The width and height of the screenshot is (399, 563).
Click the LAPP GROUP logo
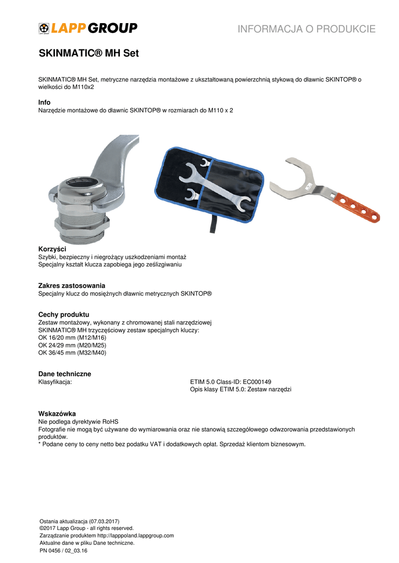click(x=88, y=28)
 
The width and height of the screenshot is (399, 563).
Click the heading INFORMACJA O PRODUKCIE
click(x=307, y=29)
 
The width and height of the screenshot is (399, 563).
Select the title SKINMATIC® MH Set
click(x=89, y=54)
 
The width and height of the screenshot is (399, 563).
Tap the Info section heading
click(x=44, y=103)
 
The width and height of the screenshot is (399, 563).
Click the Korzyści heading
click(x=52, y=250)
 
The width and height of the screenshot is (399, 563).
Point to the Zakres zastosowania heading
click(x=72, y=286)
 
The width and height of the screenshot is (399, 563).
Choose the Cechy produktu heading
click(x=63, y=314)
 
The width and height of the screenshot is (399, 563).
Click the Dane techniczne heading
click(x=64, y=374)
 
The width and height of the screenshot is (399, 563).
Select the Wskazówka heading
click(x=57, y=413)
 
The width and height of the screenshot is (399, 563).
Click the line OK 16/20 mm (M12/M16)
click(x=72, y=338)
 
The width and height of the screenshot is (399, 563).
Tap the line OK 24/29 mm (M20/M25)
click(x=72, y=345)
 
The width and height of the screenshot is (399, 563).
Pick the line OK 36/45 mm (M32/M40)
click(x=72, y=353)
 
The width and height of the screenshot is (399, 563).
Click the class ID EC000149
click(x=257, y=382)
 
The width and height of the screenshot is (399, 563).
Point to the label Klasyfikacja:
click(x=55, y=382)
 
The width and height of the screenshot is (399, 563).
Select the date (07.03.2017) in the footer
click(x=100, y=521)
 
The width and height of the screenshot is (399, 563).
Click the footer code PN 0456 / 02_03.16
click(x=64, y=550)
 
